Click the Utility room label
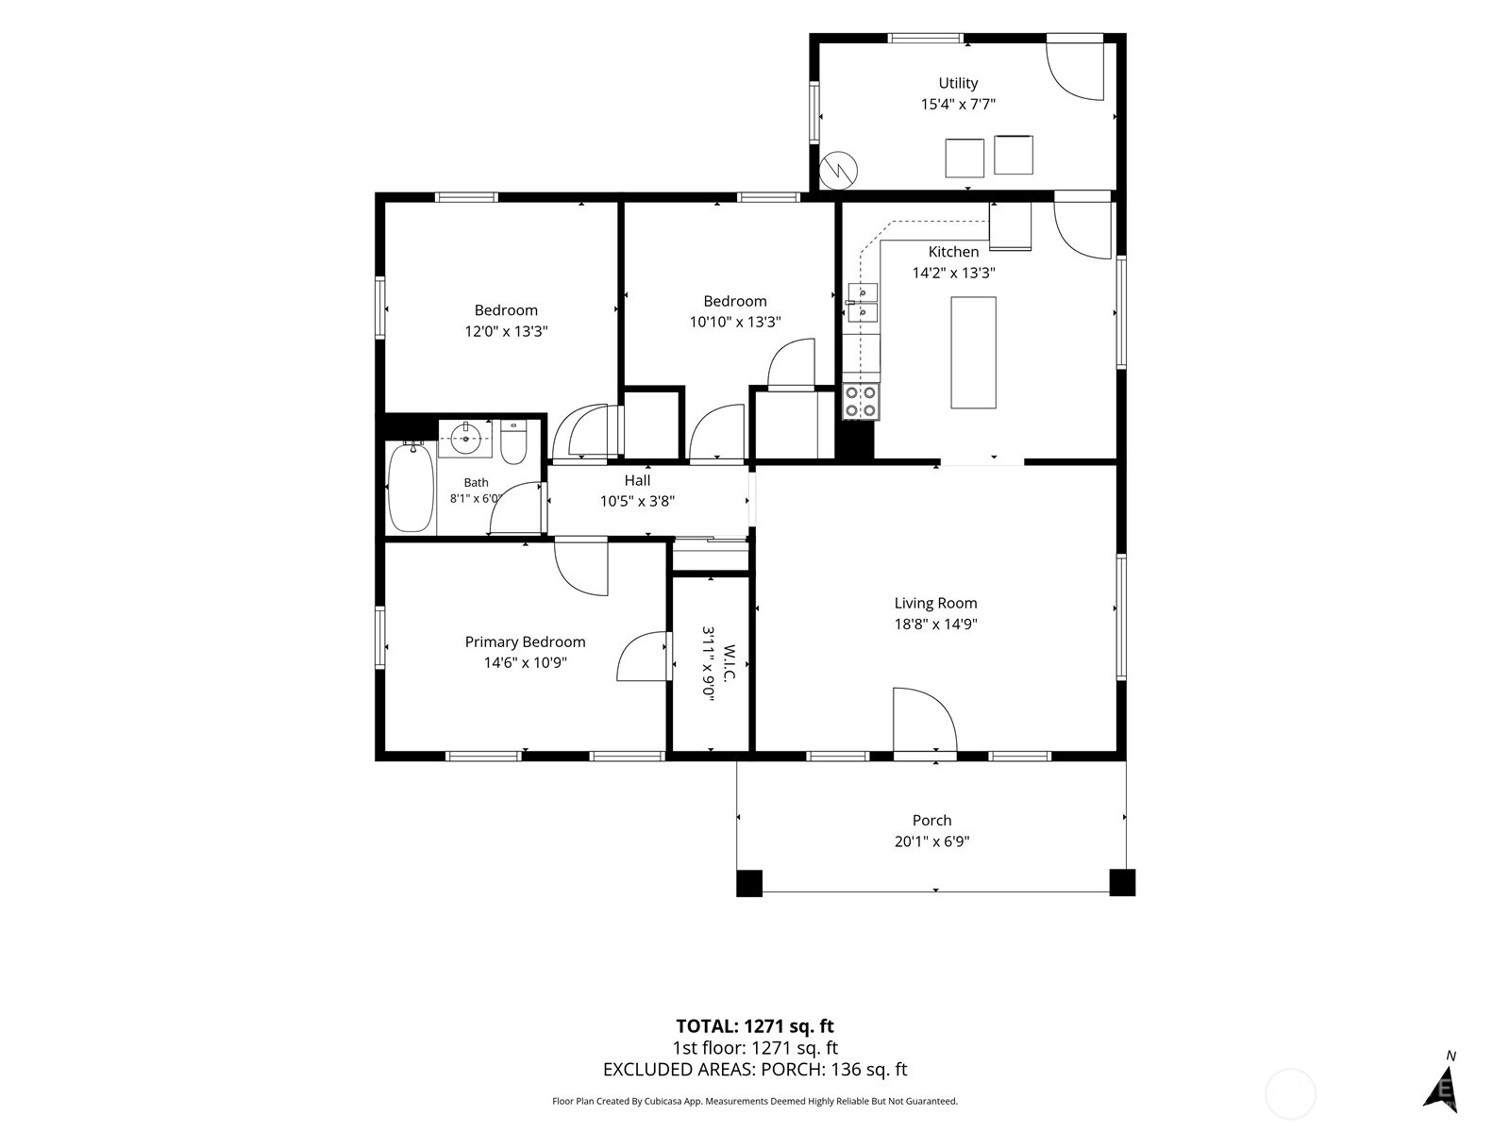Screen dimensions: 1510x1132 [x=958, y=83]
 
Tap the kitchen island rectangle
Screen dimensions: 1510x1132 [x=973, y=353]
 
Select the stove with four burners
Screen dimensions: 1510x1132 [x=862, y=402]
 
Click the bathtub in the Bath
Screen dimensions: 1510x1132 [x=411, y=488]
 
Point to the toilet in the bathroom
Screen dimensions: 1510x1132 [x=513, y=441]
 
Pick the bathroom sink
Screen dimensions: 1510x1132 [x=465, y=439]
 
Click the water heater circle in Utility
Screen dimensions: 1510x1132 [x=839, y=170]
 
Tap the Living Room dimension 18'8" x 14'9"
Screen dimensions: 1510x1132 [x=935, y=624]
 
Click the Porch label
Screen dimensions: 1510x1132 [x=932, y=820]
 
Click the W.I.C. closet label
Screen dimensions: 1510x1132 [x=730, y=662]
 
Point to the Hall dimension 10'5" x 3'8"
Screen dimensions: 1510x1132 [x=637, y=501]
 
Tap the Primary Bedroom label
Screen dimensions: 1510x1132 [x=525, y=642]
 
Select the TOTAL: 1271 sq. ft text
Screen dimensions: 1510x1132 [x=755, y=1026]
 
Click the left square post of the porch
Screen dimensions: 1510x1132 [x=749, y=883]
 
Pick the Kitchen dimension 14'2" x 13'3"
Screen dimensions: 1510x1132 [x=953, y=273]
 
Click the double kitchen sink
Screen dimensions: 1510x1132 [x=863, y=303]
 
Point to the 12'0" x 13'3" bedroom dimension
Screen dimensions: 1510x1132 [x=506, y=331]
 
